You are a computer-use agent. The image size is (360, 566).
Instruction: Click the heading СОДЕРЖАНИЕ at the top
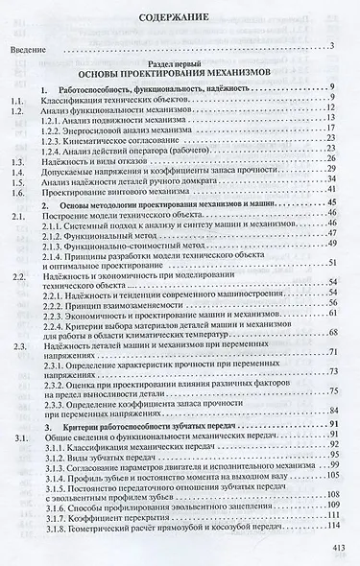point(180,17)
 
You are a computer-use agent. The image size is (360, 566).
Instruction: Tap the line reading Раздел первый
point(180,61)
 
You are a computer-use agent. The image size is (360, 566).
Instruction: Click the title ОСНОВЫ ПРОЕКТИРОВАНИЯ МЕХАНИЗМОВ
point(180,73)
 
